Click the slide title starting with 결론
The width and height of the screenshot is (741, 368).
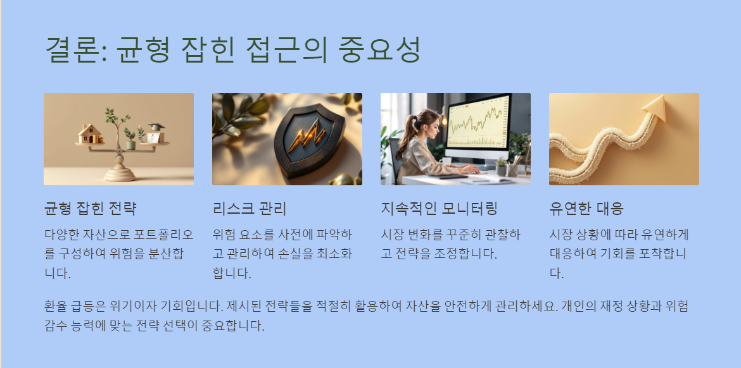(232, 49)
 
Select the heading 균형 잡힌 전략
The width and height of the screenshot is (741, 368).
(91, 208)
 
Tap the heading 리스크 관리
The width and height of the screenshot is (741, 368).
(250, 208)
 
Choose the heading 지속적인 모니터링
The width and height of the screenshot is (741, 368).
(439, 208)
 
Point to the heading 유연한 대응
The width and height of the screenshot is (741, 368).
(587, 208)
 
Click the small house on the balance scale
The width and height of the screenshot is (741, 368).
(91, 133)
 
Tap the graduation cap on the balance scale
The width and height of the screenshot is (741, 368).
(156, 127)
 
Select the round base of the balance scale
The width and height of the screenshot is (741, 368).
(119, 174)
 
